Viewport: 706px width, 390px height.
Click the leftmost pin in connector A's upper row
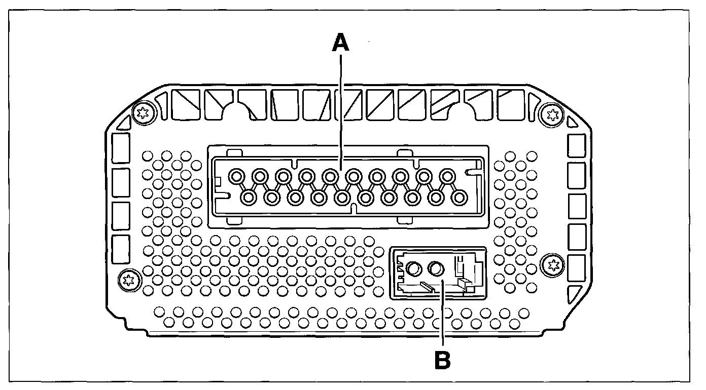click(x=236, y=177)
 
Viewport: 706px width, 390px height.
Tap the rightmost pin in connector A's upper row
click(x=448, y=177)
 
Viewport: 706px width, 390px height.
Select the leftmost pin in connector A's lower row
click(x=249, y=198)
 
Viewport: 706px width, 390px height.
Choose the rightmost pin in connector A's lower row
click(x=460, y=198)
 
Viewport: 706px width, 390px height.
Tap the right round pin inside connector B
click(x=436, y=268)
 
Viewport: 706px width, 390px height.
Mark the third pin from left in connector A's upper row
click(x=283, y=177)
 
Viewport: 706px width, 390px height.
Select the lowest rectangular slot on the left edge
click(x=120, y=249)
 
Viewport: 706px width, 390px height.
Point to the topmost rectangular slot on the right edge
click(x=577, y=146)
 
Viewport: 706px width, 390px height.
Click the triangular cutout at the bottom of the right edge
click(x=576, y=295)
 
